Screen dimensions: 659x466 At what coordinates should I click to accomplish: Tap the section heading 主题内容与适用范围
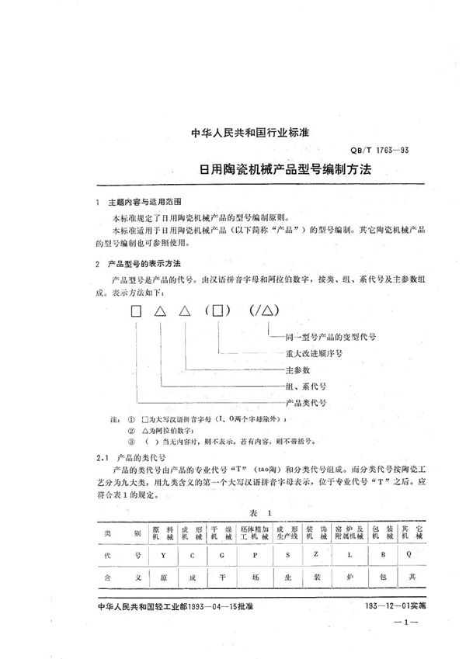[142, 202]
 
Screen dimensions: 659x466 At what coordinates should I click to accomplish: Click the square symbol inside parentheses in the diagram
[221, 312]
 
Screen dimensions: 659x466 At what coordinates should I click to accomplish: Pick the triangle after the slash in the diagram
[268, 312]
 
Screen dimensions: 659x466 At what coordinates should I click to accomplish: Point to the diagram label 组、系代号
[304, 385]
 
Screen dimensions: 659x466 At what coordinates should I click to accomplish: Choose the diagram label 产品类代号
[304, 404]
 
